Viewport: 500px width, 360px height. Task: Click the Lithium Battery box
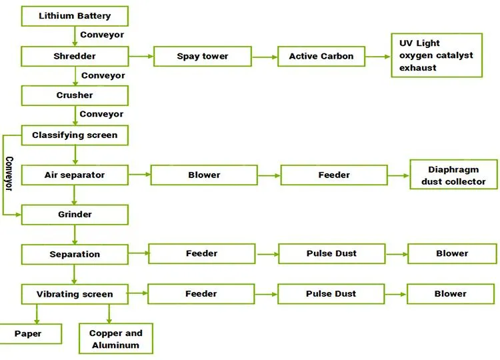click(75, 16)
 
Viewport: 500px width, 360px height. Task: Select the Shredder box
click(75, 57)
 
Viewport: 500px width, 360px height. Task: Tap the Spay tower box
click(203, 57)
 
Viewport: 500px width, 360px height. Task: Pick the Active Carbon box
click(321, 57)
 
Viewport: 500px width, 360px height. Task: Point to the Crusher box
click(75, 95)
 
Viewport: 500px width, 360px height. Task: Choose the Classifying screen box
click(75, 135)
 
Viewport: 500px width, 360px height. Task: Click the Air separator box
click(75, 175)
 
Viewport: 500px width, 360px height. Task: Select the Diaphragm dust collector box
click(453, 175)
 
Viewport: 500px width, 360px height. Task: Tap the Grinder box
click(75, 215)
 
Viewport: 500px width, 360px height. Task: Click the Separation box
click(75, 254)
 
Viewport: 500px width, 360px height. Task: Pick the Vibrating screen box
click(75, 294)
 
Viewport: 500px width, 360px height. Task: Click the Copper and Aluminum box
click(115, 339)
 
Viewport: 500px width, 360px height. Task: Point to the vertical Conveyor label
click(9, 173)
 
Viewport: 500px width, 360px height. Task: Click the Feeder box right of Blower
click(334, 175)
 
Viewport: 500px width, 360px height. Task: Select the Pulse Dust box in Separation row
click(331, 254)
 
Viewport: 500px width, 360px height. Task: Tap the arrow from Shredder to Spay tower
click(141, 57)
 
